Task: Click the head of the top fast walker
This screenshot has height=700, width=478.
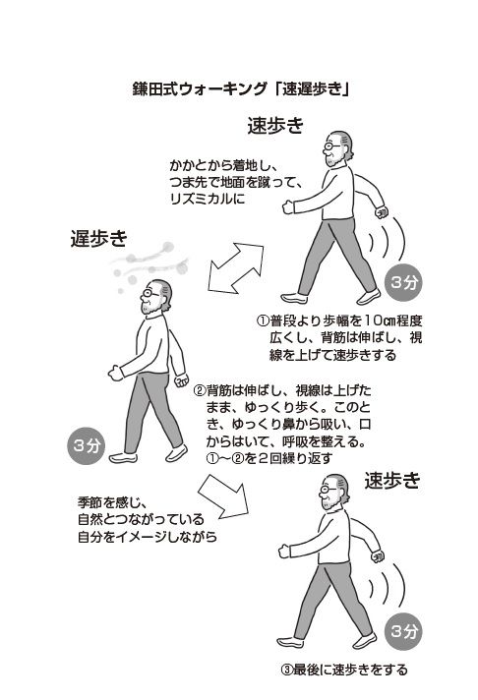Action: coord(337,147)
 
